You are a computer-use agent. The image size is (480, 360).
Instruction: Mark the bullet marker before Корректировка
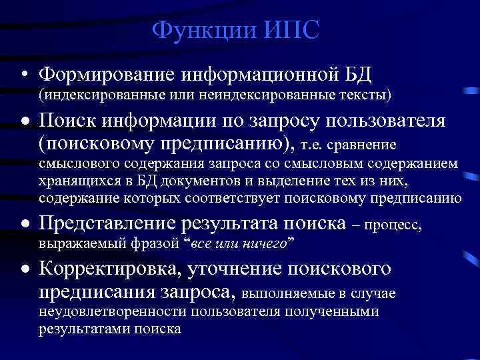point(23,270)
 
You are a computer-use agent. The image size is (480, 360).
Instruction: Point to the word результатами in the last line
point(80,329)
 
